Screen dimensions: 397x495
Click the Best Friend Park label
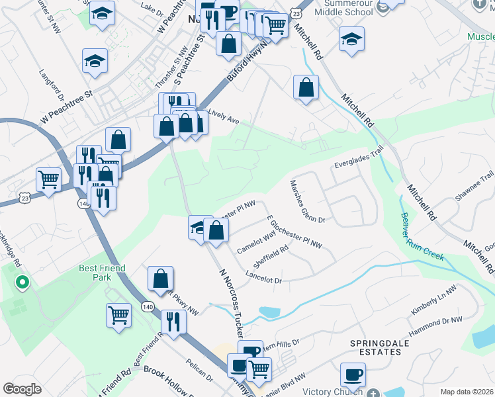97,273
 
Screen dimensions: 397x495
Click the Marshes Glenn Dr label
307,202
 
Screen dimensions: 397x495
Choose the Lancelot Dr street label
263,277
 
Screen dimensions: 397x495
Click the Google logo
22,389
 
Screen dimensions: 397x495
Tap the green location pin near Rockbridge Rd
22,283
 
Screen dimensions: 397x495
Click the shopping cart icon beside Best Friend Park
118,314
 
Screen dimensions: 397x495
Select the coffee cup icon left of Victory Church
353,375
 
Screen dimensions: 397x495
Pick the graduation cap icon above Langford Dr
95,61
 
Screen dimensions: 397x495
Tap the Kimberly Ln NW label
433,300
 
